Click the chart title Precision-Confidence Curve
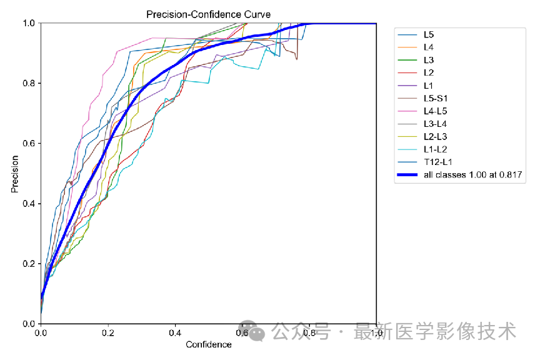click(x=209, y=14)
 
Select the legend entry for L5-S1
click(x=436, y=98)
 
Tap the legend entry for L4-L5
click(x=436, y=111)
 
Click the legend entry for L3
click(x=429, y=60)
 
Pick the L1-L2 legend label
click(x=436, y=149)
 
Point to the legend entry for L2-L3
click(x=436, y=136)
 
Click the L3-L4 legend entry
click(x=436, y=124)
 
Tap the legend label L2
click(x=429, y=73)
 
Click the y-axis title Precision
click(x=14, y=174)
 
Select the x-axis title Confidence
click(x=209, y=344)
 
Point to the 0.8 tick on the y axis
click(x=29, y=83)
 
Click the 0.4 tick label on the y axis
click(x=29, y=204)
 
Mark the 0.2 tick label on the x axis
click(x=108, y=334)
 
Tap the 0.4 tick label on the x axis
click(x=175, y=334)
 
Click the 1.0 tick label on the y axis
click(x=29, y=23)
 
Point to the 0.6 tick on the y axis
click(x=29, y=144)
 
